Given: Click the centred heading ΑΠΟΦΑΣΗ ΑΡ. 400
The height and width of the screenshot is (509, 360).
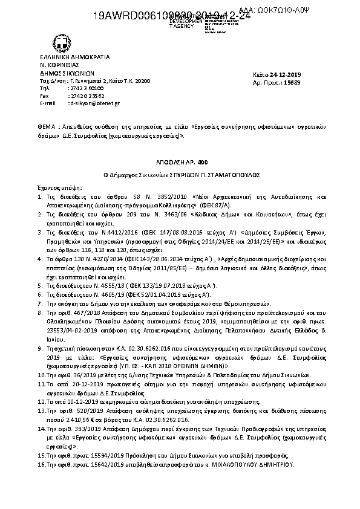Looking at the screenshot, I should click(x=180, y=162).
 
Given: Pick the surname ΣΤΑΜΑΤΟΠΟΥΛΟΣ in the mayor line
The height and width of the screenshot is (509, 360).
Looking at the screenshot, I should click(x=235, y=174).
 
